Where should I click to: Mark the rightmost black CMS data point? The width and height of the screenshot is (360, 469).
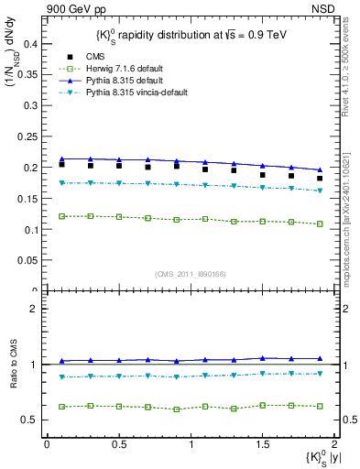click(x=320, y=179)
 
